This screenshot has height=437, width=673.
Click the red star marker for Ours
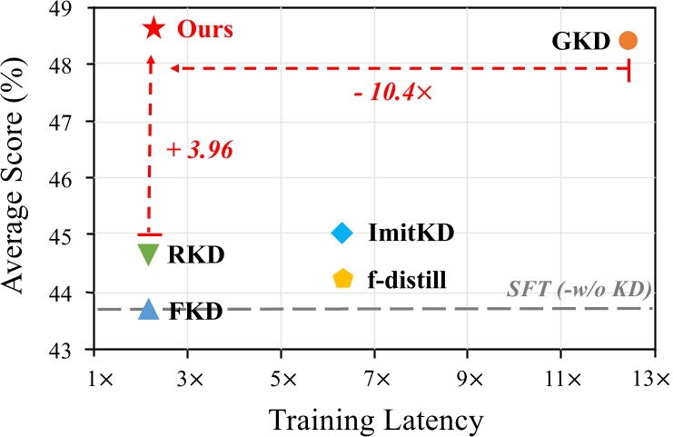(153, 28)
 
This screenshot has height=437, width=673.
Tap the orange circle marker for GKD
(628, 40)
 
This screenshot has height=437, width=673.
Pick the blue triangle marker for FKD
(149, 311)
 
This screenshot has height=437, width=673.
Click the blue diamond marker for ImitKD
(341, 233)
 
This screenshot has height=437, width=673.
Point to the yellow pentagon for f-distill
(342, 278)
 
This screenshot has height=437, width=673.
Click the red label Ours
(204, 29)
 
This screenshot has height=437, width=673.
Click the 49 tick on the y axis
(69, 8)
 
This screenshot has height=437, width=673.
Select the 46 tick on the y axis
(69, 178)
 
